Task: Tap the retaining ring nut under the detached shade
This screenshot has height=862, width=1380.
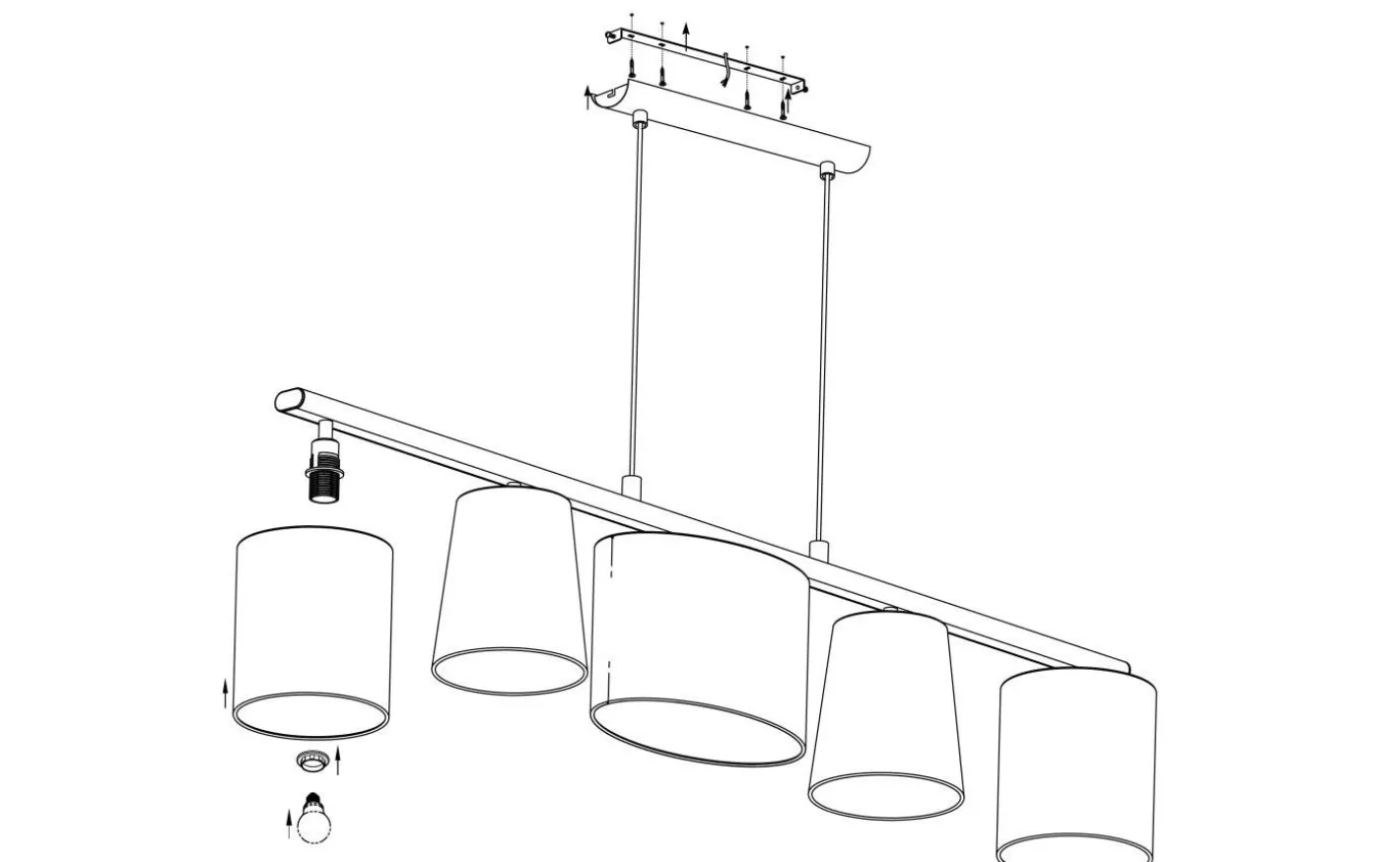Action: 312,761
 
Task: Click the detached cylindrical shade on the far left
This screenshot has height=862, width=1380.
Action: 312,630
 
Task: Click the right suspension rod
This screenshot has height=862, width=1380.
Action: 822,355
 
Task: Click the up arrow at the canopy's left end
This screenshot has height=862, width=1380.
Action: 589,97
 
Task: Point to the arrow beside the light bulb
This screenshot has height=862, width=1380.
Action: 290,822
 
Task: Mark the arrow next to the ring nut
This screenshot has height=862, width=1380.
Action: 338,760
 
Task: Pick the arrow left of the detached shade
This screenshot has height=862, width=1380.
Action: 226,694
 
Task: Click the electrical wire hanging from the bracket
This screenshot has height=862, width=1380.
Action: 724,69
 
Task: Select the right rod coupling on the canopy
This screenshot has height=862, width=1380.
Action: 825,168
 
